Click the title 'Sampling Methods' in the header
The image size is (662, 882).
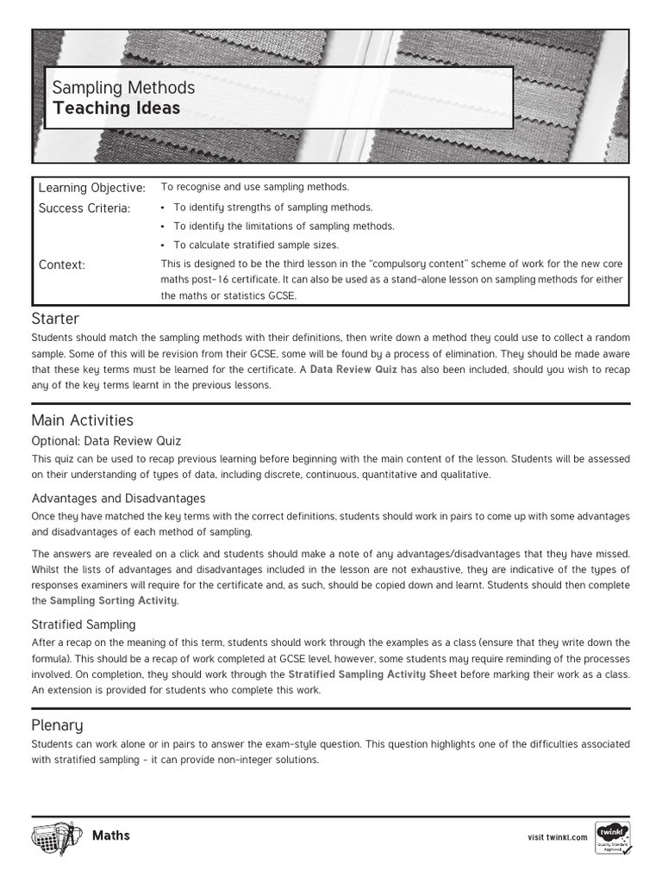(x=123, y=88)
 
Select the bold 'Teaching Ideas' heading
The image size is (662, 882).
(x=116, y=109)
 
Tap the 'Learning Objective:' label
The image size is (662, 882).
(x=92, y=188)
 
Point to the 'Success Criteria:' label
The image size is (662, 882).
(x=84, y=208)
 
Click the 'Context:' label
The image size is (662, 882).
(x=62, y=264)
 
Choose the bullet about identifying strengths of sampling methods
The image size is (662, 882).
(x=272, y=207)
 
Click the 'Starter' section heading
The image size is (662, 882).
(x=55, y=320)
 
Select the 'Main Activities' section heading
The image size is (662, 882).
(x=83, y=420)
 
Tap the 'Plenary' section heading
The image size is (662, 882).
(x=57, y=725)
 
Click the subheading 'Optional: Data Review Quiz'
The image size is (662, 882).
(x=107, y=441)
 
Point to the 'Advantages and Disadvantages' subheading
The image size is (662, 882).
(x=118, y=498)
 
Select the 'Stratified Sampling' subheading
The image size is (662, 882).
(x=84, y=624)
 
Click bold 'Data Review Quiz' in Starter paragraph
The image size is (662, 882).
(x=353, y=369)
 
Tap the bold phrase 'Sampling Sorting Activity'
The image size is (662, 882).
(x=114, y=600)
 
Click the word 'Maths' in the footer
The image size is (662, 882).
(x=111, y=835)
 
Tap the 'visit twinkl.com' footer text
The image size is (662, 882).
(x=557, y=837)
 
